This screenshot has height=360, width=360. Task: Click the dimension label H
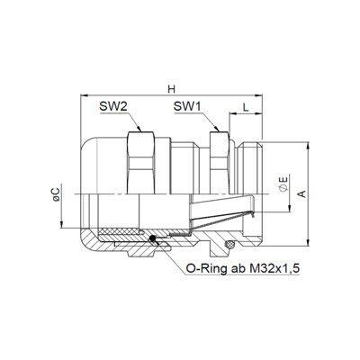pos(171,89)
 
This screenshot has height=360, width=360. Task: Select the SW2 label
pos(113,106)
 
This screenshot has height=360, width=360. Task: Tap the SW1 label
pos(188,106)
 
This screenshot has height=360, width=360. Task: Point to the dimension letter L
pos(246,107)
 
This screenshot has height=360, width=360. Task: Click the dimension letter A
pos(303,193)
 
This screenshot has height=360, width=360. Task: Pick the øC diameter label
pos(57,195)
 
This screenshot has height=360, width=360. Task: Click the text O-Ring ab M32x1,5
pos(243,268)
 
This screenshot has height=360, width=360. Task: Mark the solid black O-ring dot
pos(153,238)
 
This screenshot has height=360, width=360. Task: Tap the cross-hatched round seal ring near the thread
pos(230,244)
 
